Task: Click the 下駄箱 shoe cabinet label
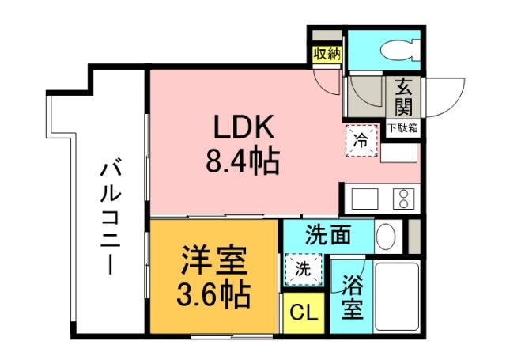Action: coord(402,127)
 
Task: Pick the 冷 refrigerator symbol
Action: coord(361,142)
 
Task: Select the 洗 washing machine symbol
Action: coord(304,267)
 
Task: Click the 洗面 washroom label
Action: coord(327,235)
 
